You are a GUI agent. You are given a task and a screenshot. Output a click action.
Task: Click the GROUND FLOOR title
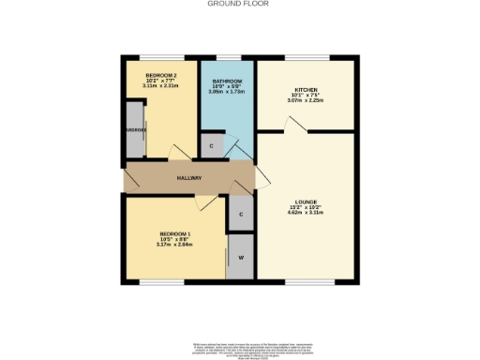[238, 4]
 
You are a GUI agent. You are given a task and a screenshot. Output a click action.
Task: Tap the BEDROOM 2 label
[160, 74]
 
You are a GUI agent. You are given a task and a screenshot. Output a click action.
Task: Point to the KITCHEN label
[306, 88]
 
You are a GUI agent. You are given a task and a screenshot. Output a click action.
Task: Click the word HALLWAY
[189, 178]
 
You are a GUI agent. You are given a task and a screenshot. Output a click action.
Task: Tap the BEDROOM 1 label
[175, 232]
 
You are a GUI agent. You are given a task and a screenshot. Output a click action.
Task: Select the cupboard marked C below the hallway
[241, 215]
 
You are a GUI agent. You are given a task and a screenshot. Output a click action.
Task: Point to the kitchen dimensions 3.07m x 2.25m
[306, 99]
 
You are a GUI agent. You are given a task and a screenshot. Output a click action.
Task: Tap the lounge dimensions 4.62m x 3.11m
[306, 215]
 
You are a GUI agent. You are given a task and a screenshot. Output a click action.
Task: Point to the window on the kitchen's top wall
[306, 58]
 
